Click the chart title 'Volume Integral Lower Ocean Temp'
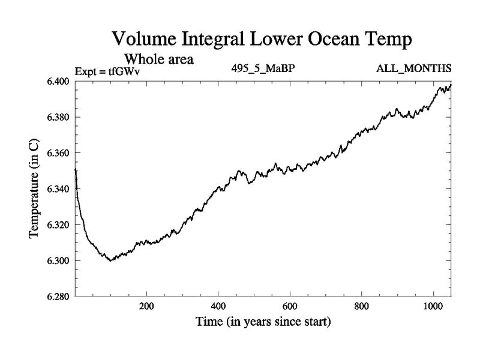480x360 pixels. click(x=262, y=40)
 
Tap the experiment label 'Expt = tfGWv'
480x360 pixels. click(x=106, y=71)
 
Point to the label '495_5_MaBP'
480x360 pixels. click(x=262, y=69)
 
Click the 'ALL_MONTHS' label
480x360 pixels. click(x=414, y=69)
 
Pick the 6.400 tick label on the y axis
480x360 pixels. click(x=58, y=81)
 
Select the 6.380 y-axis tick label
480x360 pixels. click(x=58, y=117)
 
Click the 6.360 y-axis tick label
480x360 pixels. click(x=58, y=153)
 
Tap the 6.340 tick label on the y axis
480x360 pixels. click(x=58, y=189)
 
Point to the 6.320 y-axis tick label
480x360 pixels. click(x=58, y=225)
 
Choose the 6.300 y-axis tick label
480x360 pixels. click(x=58, y=261)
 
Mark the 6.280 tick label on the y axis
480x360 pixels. click(x=58, y=296)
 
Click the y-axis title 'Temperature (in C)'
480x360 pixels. click(x=34, y=189)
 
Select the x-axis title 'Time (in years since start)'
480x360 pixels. click(x=262, y=322)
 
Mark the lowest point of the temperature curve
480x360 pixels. click(x=110, y=260)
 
